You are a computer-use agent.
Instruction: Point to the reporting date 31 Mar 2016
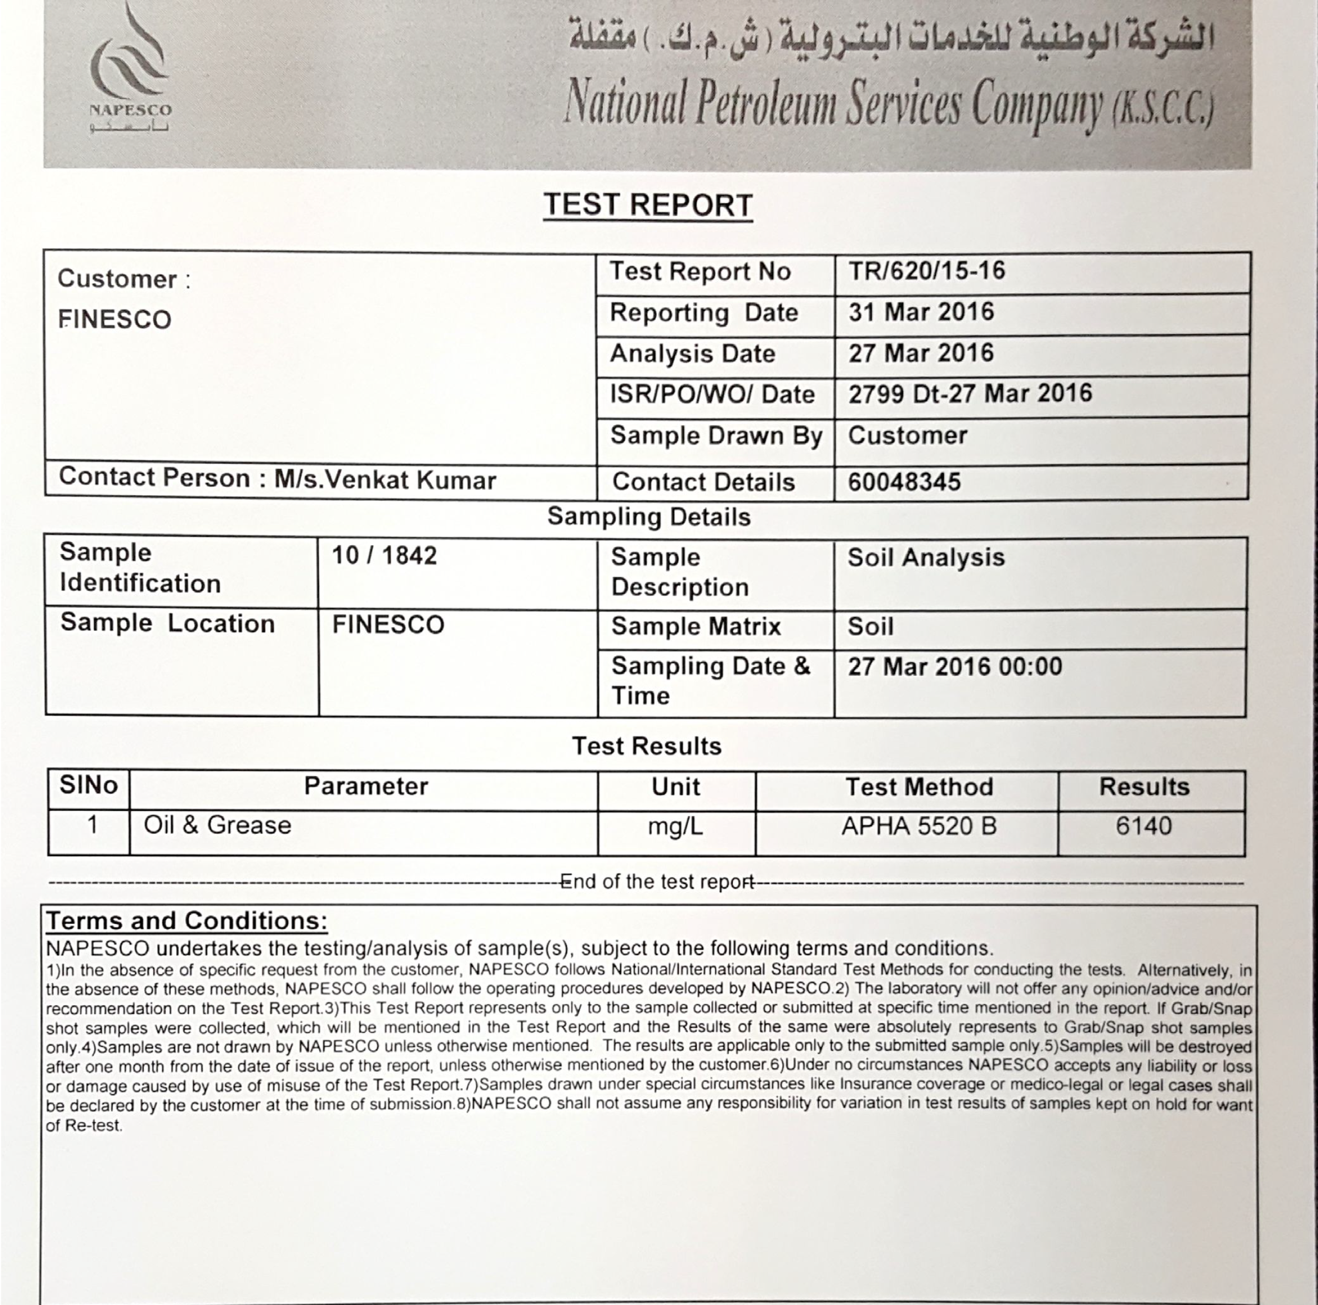click(x=921, y=312)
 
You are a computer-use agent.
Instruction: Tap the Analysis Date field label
click(x=692, y=353)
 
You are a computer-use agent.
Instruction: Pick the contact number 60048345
click(x=904, y=482)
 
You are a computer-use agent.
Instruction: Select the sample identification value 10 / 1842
click(x=384, y=555)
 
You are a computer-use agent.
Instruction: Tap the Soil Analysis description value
click(x=926, y=557)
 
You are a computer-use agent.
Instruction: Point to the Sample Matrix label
click(x=695, y=627)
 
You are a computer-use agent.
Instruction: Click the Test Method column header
click(x=919, y=787)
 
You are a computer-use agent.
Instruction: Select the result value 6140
click(x=1143, y=826)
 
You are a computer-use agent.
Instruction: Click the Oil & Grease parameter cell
click(x=217, y=825)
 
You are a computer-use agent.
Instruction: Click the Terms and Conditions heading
click(x=186, y=921)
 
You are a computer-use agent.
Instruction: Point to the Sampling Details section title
click(x=648, y=517)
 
